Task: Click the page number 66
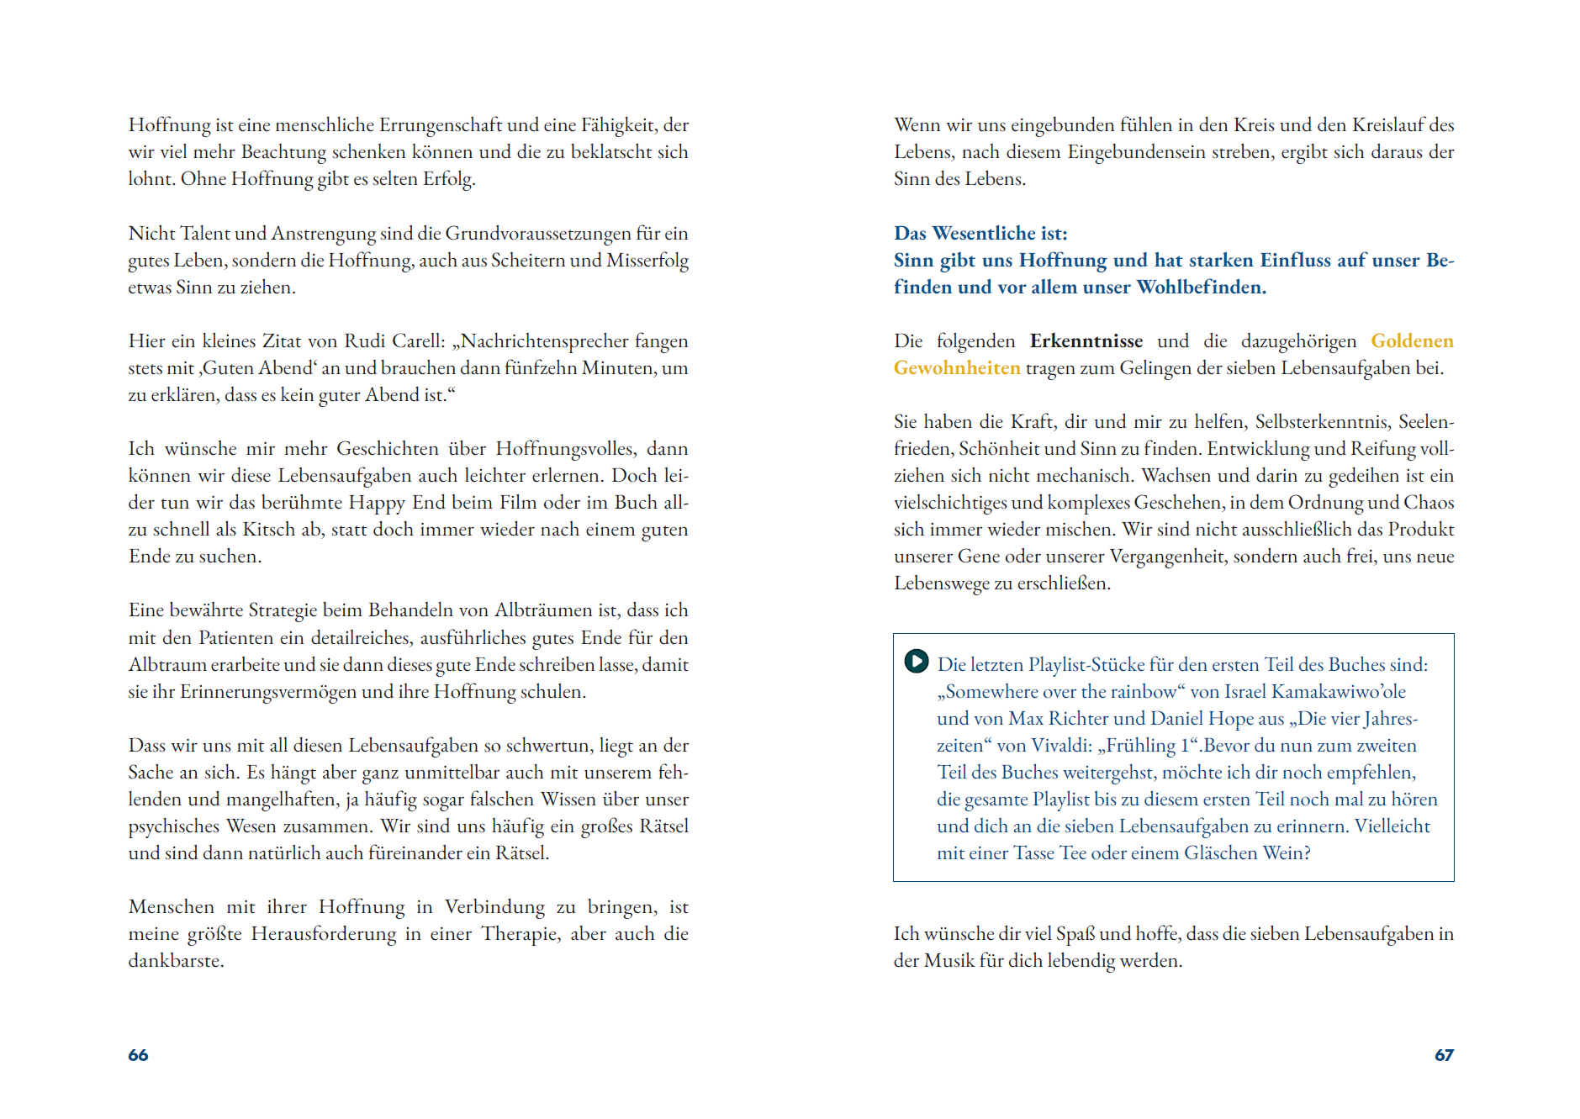[x=138, y=1055]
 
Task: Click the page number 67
[x=1443, y=1055]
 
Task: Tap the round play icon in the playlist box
[x=916, y=662]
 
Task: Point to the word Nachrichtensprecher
[x=544, y=341]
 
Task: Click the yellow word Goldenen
[x=1411, y=341]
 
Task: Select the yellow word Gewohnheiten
[x=956, y=368]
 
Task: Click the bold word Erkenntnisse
[x=1086, y=341]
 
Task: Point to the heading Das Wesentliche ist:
[x=980, y=234]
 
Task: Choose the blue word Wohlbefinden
[x=1200, y=288]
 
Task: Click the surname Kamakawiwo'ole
[x=1338, y=692]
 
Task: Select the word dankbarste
[x=175, y=961]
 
